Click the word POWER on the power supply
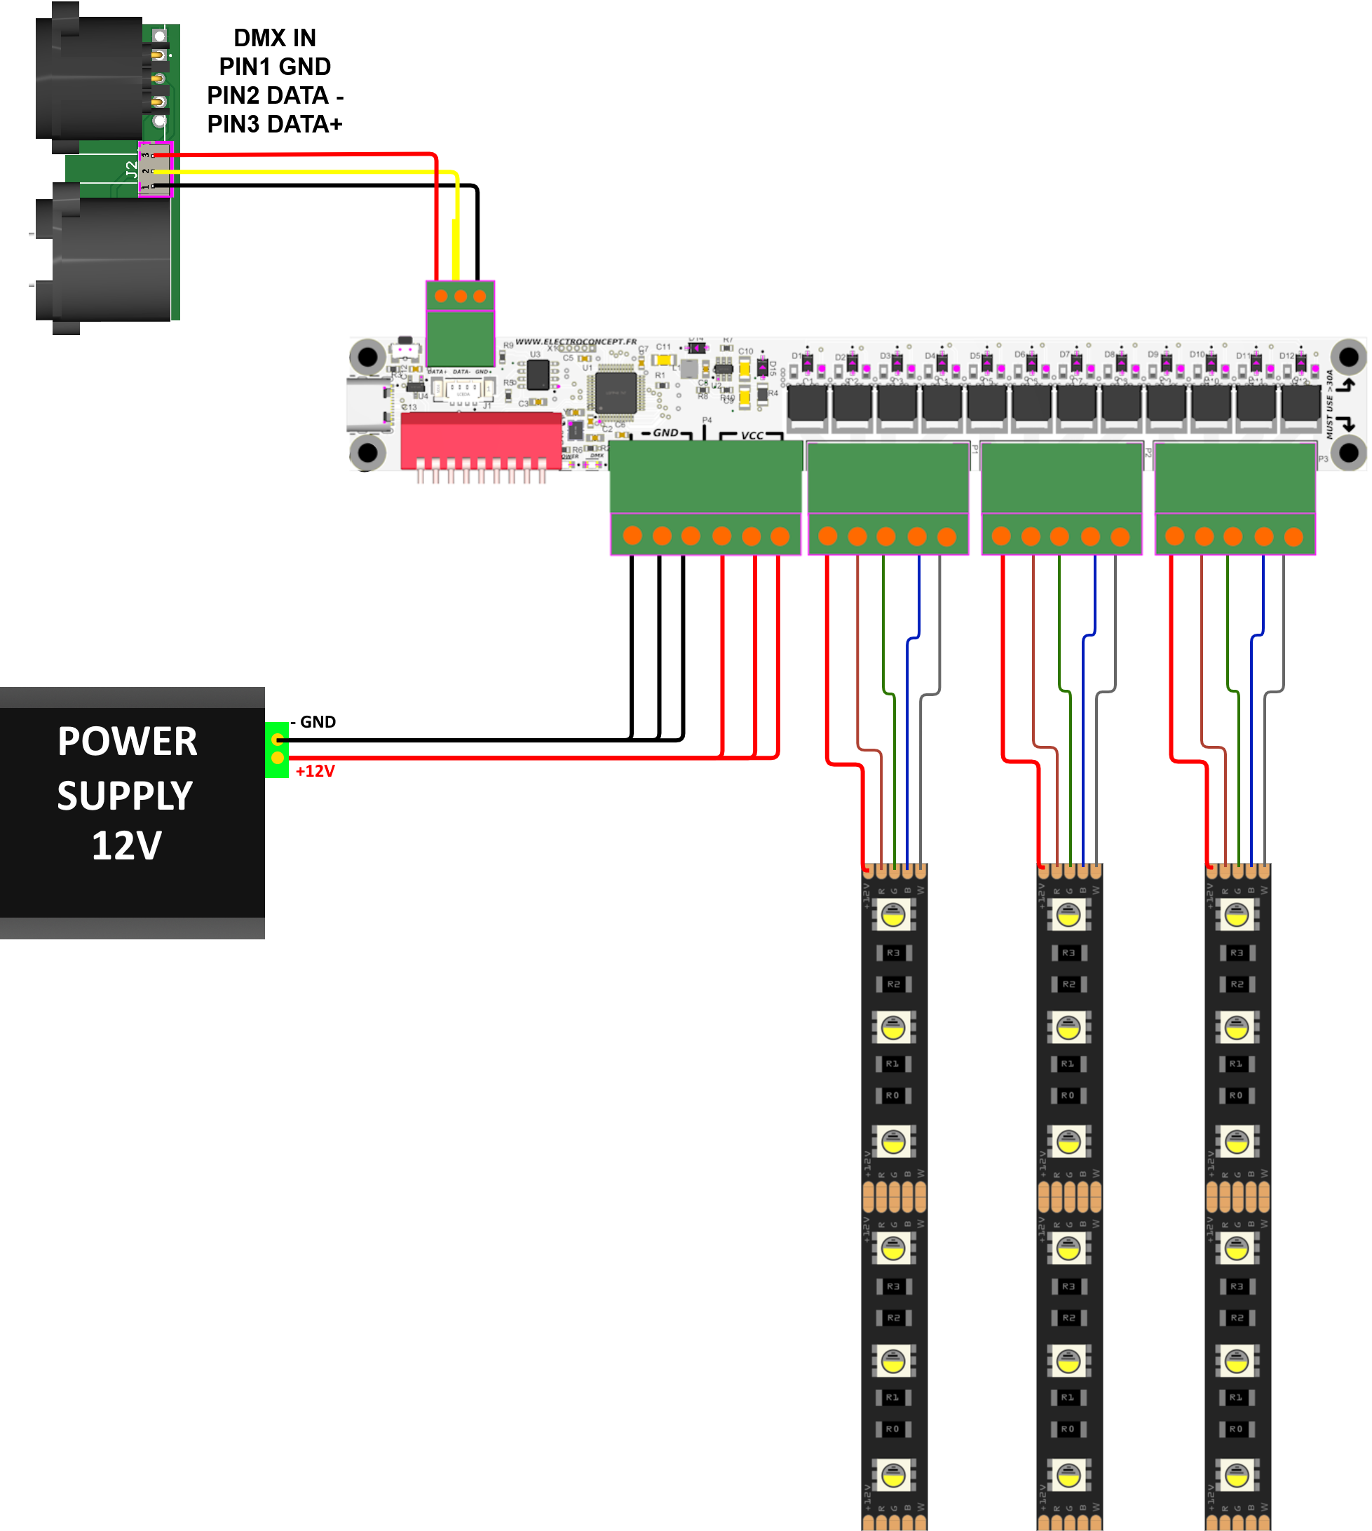[128, 742]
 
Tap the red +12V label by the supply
[315, 771]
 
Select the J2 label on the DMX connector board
[132, 170]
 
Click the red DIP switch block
[481, 440]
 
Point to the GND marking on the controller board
[665, 433]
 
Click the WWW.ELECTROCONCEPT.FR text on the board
[576, 341]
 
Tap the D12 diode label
[1286, 356]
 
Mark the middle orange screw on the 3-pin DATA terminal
[461, 297]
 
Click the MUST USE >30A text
[1330, 404]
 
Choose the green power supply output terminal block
[277, 749]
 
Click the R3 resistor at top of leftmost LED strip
[893, 953]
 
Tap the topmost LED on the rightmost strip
[1236, 915]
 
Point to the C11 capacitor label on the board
[663, 347]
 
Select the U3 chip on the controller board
[538, 374]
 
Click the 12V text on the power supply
[127, 846]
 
